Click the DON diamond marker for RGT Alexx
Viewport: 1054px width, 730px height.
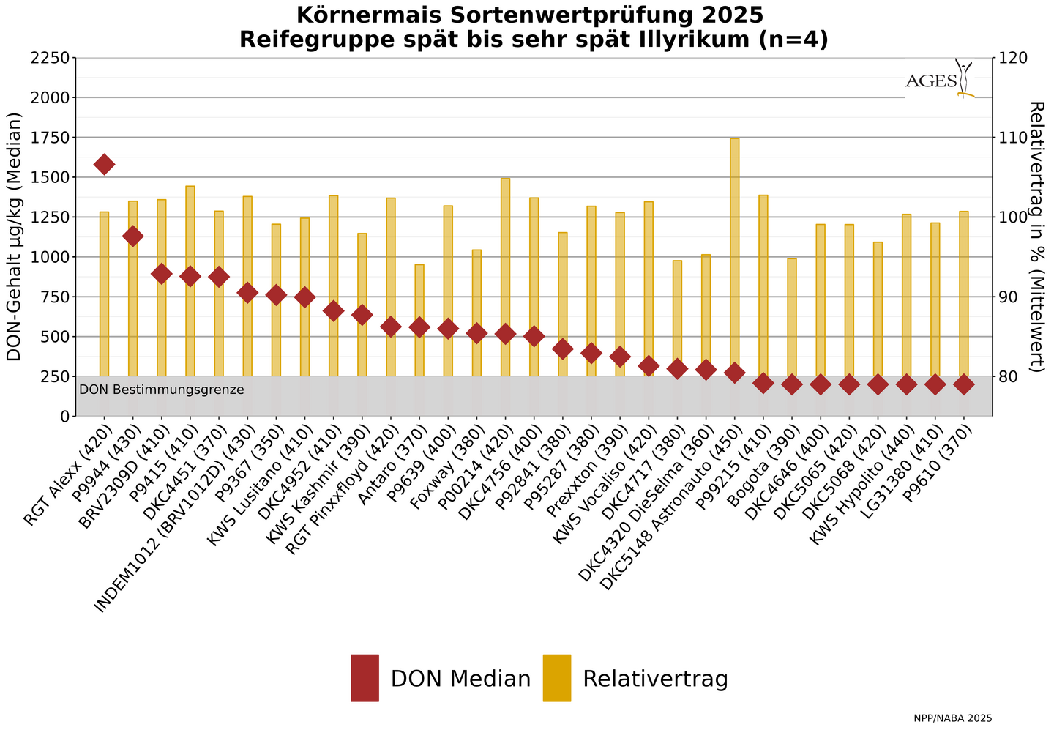point(104,164)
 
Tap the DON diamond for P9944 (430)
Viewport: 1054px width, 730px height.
point(132,236)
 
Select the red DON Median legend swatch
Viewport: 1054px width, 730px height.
point(365,678)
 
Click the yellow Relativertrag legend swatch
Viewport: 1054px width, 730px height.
point(556,678)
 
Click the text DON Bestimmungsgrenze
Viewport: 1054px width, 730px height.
point(162,390)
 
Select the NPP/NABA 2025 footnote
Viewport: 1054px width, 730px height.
point(952,718)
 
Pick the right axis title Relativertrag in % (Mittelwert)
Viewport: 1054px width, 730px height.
point(1036,237)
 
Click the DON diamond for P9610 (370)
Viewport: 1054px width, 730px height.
point(964,384)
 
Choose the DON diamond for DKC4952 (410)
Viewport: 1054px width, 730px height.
point(333,310)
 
